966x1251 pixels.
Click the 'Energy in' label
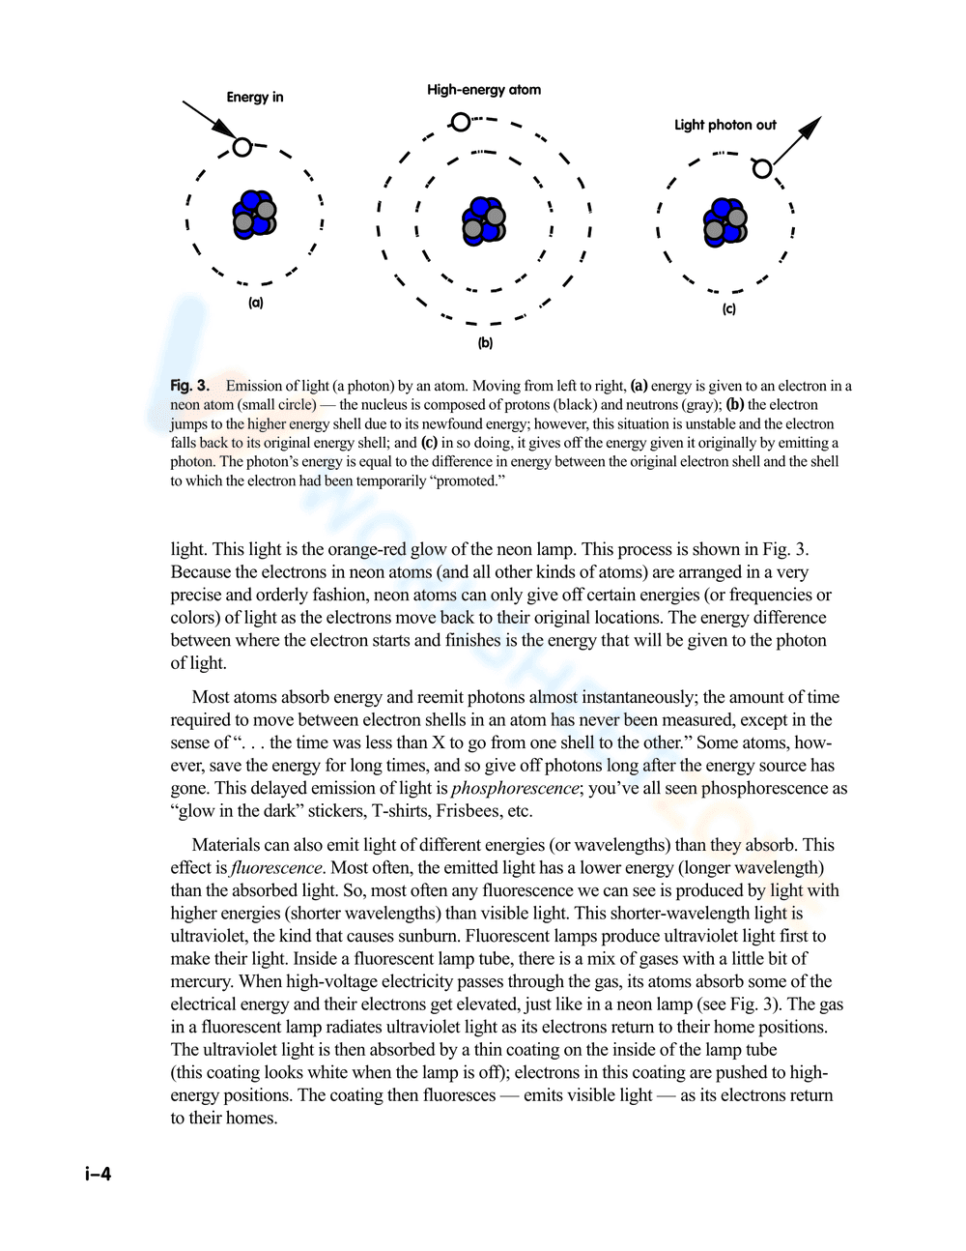pyautogui.click(x=255, y=97)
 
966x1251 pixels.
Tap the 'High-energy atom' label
pyautogui.click(x=484, y=90)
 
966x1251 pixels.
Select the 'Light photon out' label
pyautogui.click(x=724, y=125)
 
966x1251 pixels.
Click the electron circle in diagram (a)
pyautogui.click(x=242, y=147)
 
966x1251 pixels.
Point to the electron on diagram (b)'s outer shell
pyautogui.click(x=461, y=122)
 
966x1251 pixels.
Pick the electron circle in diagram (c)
pyautogui.click(x=762, y=169)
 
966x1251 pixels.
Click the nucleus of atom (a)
pyautogui.click(x=254, y=215)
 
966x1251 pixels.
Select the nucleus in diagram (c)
pyautogui.click(x=724, y=223)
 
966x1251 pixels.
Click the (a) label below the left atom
pyautogui.click(x=255, y=303)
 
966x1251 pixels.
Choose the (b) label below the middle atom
pyautogui.click(x=485, y=343)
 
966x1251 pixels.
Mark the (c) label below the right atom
pyautogui.click(x=729, y=309)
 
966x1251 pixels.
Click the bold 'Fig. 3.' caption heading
pyautogui.click(x=189, y=386)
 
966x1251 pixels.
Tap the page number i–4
pyautogui.click(x=98, y=1175)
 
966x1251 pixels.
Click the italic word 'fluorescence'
pyautogui.click(x=276, y=867)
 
